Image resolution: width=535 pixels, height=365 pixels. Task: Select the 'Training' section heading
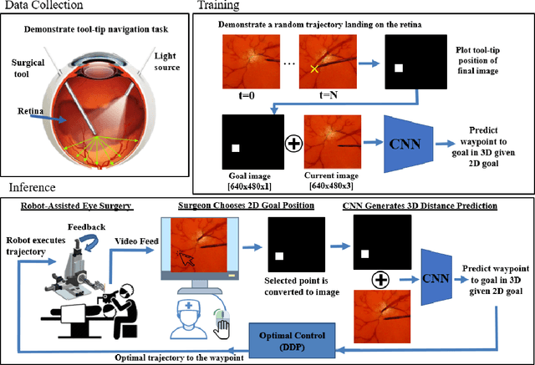click(220, 6)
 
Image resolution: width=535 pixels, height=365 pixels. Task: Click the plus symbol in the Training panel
click(293, 143)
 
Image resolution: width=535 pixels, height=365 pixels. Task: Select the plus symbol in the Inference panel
click(374, 276)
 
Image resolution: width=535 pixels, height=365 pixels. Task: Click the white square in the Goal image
click(237, 148)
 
